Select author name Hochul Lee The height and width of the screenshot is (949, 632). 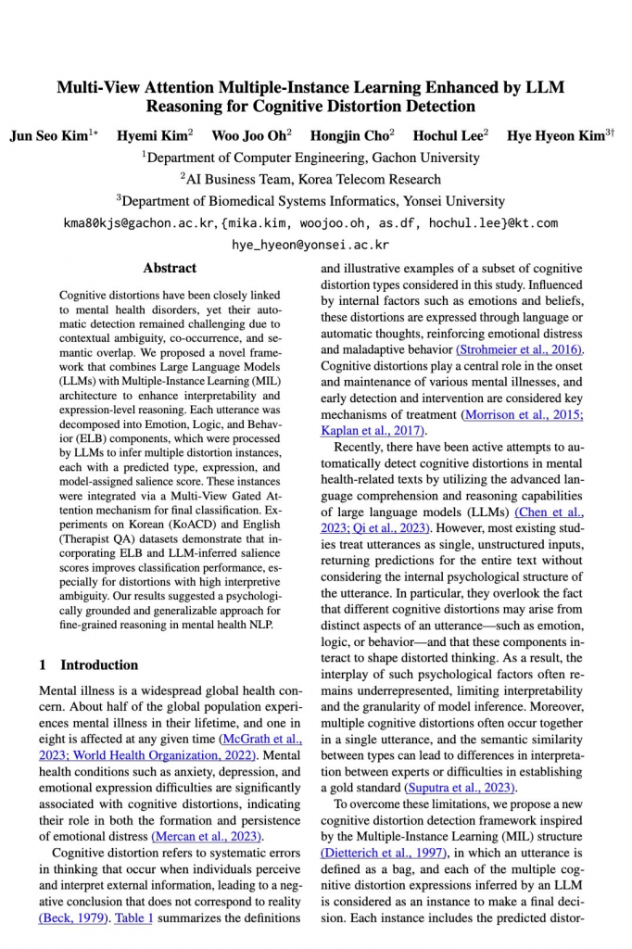click(448, 135)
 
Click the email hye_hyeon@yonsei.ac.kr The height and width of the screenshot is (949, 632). click(310, 246)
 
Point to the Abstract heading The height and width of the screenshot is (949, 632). click(170, 268)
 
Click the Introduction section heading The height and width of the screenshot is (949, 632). click(89, 664)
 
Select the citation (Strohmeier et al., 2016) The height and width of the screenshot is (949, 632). click(520, 349)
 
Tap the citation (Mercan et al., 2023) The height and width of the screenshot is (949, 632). click(207, 837)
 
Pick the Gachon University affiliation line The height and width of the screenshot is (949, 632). click(310, 158)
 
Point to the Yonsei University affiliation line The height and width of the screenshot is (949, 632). click(310, 200)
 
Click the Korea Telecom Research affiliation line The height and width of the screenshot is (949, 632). click(310, 179)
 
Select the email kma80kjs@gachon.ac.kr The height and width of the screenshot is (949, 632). click(139, 223)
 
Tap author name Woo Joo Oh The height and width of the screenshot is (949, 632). click(248, 135)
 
